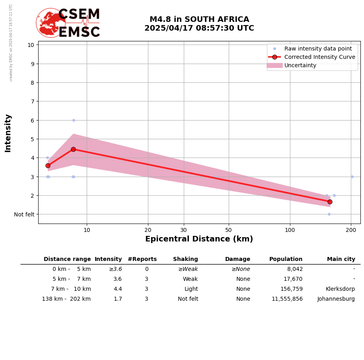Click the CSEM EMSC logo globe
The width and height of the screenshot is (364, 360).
pos(51,23)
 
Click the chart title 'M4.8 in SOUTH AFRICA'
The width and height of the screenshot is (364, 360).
pos(199,19)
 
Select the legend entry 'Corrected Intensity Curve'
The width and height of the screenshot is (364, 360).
pos(319,57)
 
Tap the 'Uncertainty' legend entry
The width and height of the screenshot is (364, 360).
pos(300,65)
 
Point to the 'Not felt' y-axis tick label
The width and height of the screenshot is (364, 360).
pos(24,214)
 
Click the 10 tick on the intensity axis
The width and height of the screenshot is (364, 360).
pos(31,45)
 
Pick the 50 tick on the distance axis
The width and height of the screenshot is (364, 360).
pos(228,230)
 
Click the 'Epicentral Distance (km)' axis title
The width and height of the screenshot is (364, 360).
pos(199,239)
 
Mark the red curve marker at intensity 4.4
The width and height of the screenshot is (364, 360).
pos(73,149)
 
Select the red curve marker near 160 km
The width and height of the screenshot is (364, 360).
pos(330,202)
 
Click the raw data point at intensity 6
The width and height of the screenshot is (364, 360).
pos(74,120)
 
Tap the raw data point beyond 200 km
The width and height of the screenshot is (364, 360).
pos(352,177)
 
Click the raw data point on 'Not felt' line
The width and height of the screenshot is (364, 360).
pos(329,214)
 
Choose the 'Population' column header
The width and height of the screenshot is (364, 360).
pos(286,259)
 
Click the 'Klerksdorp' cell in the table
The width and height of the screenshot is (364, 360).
pos(340,289)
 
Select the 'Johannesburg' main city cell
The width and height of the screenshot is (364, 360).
pos(336,299)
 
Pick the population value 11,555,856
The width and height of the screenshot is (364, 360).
pos(287,299)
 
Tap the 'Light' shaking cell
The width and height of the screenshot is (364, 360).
pos(191,289)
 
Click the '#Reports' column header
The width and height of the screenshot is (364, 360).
pos(142,259)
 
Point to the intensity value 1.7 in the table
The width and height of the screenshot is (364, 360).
pos(118,299)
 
